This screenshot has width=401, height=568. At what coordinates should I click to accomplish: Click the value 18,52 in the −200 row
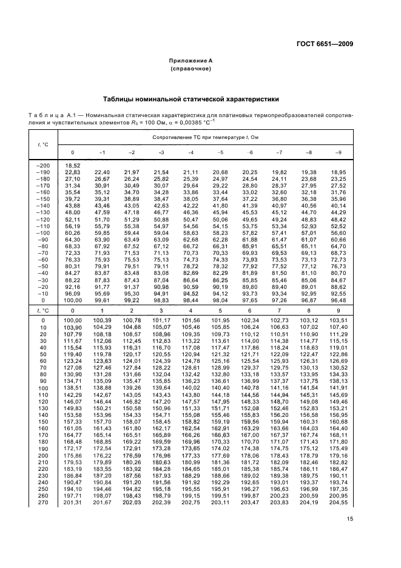point(73,166)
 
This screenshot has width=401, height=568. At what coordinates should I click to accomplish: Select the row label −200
point(43,166)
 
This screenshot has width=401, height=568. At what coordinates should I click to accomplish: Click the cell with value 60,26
point(73,232)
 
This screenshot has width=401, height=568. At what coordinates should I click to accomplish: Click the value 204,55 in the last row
point(356,502)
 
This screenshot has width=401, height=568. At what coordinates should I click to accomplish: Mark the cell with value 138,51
point(73,387)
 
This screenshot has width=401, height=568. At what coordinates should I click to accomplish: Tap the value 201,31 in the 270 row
point(73,502)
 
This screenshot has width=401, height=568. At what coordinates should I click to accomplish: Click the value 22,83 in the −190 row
point(73,172)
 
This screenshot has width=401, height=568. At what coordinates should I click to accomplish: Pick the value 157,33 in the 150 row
point(73,421)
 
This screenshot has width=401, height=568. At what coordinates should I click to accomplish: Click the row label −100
point(43,232)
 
